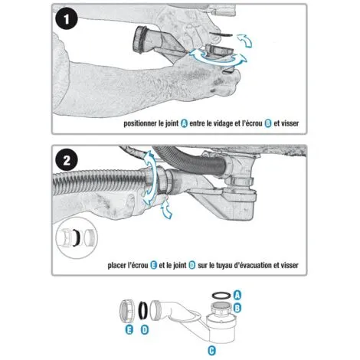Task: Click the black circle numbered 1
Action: (x=67, y=18)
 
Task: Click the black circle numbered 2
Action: (x=67, y=160)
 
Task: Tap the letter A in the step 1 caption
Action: (x=184, y=123)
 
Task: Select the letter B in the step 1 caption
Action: (x=268, y=123)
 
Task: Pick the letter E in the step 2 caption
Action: (x=153, y=265)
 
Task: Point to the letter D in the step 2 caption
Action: (x=192, y=265)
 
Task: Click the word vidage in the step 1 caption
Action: (x=223, y=124)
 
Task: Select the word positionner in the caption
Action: (x=140, y=124)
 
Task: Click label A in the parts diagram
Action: (x=237, y=295)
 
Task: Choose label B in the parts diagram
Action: (x=237, y=308)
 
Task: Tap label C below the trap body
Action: (x=211, y=350)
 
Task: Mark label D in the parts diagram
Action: (x=144, y=330)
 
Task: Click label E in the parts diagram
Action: (x=129, y=330)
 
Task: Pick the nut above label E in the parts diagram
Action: (x=127, y=311)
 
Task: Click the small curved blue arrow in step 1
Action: (x=245, y=41)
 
